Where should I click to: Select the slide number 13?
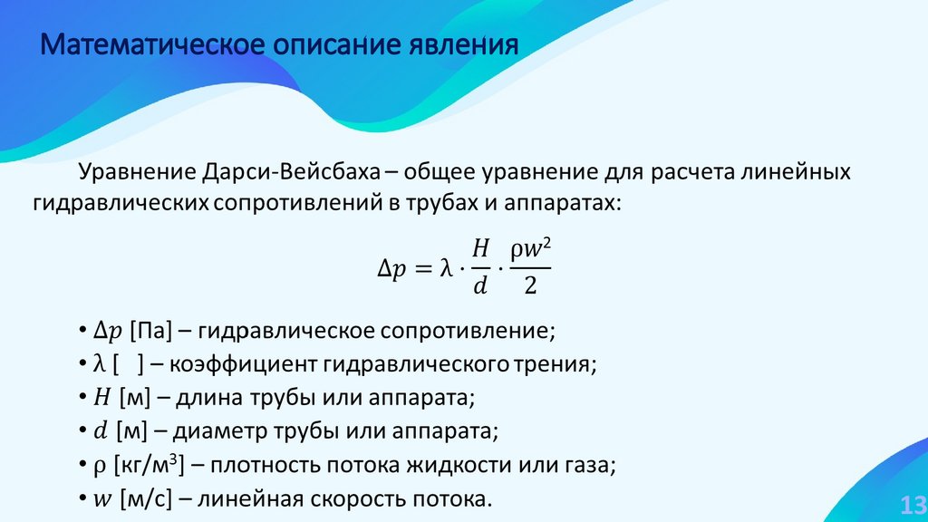[911, 504]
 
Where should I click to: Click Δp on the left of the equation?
[392, 269]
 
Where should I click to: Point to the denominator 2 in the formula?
[530, 287]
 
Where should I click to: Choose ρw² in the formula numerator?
[530, 248]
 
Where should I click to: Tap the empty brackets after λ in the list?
[128, 364]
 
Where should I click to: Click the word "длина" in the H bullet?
[209, 398]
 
